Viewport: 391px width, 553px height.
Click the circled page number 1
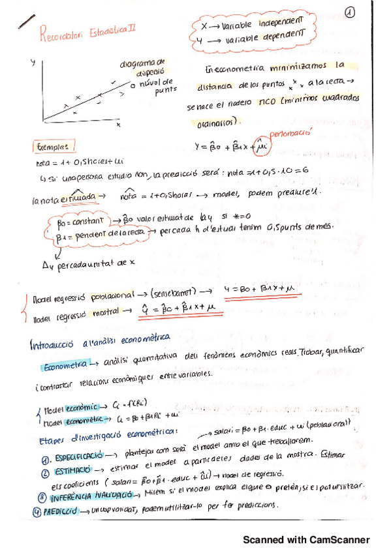351,12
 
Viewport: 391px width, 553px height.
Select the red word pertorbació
286,132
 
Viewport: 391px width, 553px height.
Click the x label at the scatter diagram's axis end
119,123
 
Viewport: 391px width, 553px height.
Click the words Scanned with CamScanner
306,540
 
